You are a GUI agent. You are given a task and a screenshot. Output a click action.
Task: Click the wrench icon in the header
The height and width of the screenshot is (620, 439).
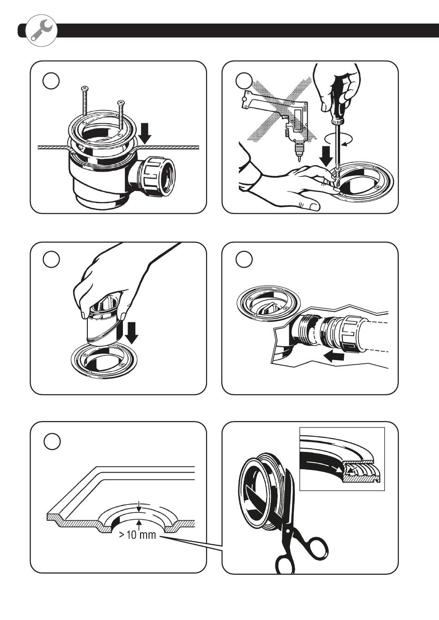click(42, 30)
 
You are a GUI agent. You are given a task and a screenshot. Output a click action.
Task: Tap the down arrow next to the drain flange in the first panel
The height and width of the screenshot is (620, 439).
click(145, 132)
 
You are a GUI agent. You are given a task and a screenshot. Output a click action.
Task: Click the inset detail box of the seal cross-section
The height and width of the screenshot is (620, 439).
click(342, 458)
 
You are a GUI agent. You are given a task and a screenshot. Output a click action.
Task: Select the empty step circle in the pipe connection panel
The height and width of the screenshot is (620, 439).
click(244, 260)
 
